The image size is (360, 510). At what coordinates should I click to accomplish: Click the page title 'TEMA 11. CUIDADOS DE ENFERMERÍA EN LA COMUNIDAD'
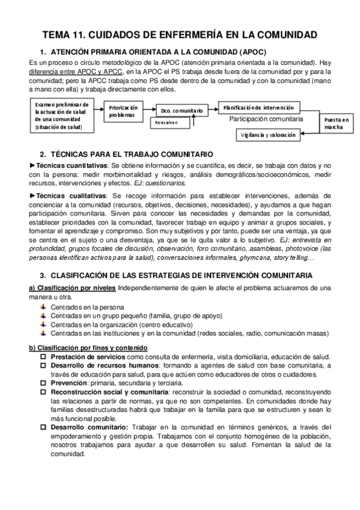tap(180, 35)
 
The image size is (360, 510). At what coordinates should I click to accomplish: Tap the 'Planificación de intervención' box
tap(258, 107)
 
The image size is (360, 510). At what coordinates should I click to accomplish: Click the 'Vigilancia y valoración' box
tap(268, 135)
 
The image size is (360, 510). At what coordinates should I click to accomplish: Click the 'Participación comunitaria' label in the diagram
tap(266, 119)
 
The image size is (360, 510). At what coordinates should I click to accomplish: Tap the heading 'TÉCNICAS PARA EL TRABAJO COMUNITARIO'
tap(134, 154)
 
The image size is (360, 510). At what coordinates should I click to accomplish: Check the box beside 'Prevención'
tap(43, 382)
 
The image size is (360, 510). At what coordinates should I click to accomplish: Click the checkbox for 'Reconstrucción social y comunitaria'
tap(43, 391)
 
